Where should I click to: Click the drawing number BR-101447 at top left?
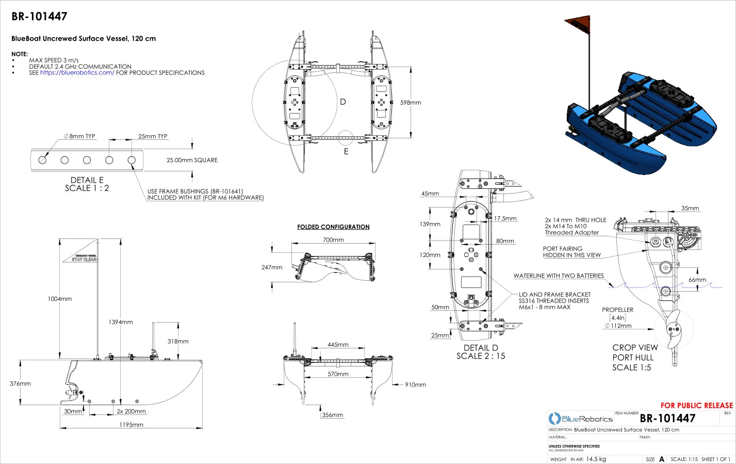(39, 17)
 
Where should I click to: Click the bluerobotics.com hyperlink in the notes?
(77, 73)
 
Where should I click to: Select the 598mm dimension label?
(411, 103)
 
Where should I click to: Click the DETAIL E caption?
(87, 180)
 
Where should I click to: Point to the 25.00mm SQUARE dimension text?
(192, 160)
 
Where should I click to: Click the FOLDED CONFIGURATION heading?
(333, 227)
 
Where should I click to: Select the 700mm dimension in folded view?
(333, 240)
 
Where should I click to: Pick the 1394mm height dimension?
(121, 322)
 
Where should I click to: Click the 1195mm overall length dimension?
(131, 425)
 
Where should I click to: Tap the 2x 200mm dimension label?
(131, 411)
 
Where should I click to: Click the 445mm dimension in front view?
(338, 345)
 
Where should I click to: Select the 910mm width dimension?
(415, 385)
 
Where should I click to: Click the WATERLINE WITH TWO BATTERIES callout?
(558, 276)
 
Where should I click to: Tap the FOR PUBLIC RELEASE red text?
(696, 406)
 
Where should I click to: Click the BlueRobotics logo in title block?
(581, 419)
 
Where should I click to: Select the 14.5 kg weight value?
(596, 459)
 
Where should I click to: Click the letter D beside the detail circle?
(343, 102)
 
